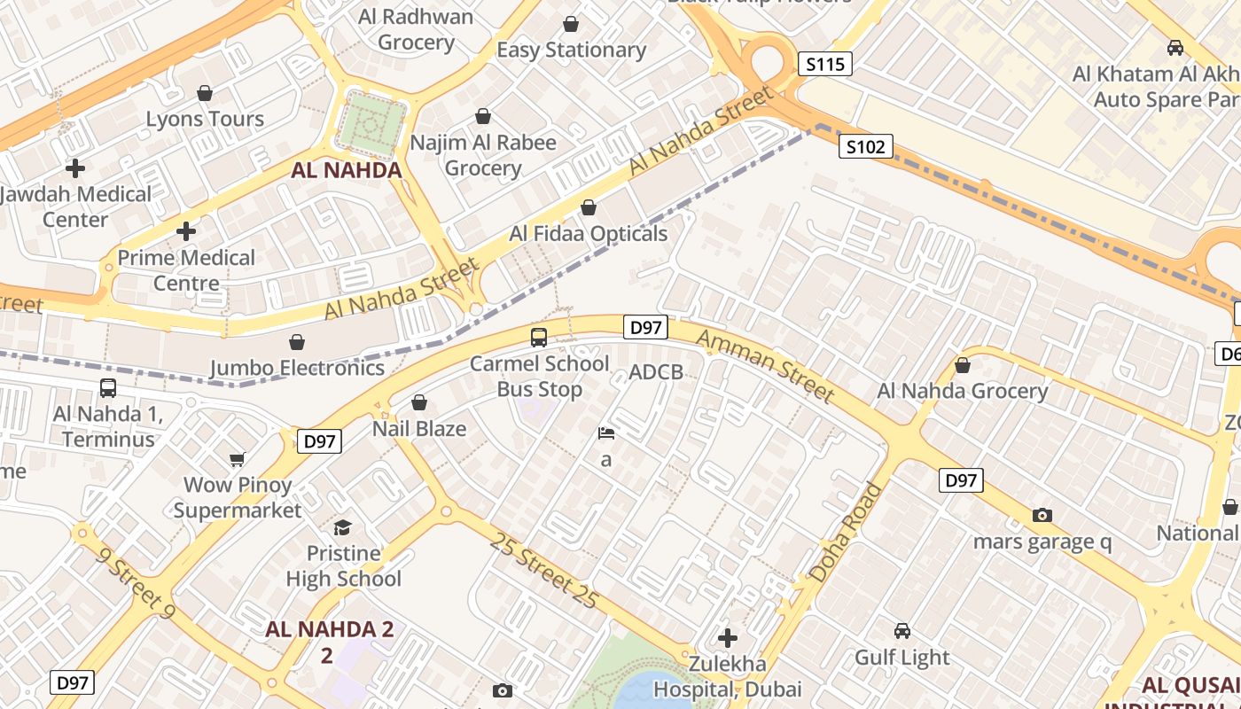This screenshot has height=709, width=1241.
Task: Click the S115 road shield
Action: (x=824, y=64)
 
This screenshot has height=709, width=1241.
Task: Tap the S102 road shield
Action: (x=865, y=147)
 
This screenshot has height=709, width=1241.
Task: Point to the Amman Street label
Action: (x=764, y=365)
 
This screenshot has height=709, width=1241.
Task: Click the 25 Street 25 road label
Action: (x=542, y=571)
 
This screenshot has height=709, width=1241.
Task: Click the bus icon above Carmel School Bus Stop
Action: (x=539, y=337)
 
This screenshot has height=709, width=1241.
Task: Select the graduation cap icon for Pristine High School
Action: (x=342, y=528)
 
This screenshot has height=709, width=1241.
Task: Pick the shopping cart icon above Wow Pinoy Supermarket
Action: (x=237, y=459)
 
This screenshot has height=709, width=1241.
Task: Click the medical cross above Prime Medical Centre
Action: (x=186, y=231)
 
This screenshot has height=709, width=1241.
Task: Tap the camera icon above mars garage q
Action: (x=1042, y=515)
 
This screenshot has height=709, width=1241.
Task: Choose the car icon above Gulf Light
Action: (x=901, y=631)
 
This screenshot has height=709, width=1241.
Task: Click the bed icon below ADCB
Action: (x=606, y=433)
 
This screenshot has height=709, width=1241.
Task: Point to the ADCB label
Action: (x=656, y=372)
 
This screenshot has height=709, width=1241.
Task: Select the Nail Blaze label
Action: (x=419, y=429)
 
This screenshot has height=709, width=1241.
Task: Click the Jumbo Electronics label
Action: (x=297, y=368)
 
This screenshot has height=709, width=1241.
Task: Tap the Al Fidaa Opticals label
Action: (x=588, y=234)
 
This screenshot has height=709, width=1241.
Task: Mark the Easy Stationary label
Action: (x=571, y=50)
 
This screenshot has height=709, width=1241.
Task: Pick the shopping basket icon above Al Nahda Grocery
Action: (x=963, y=365)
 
